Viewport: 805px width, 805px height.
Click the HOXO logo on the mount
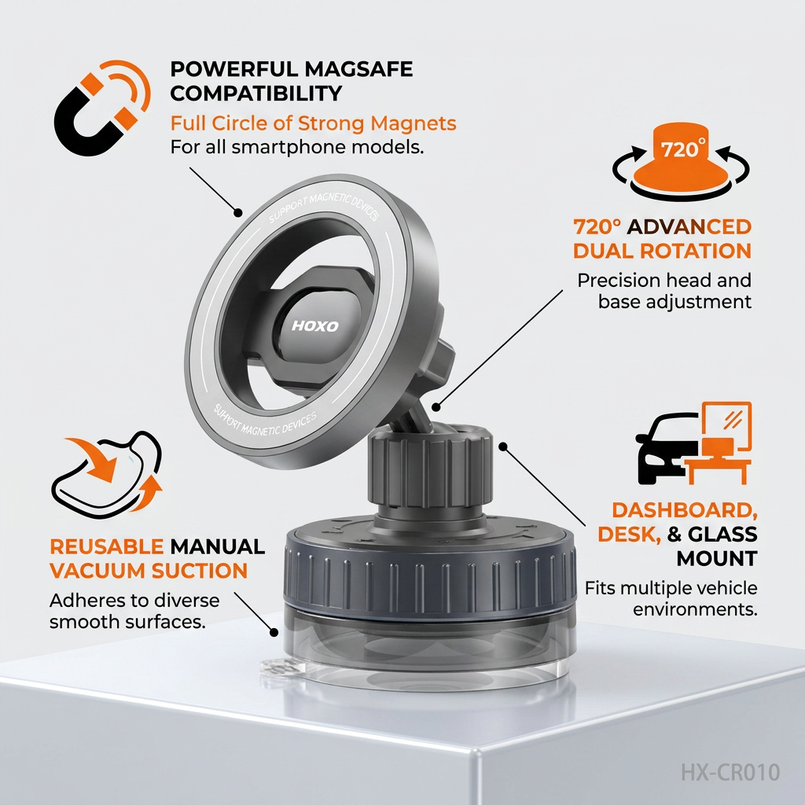[314, 326]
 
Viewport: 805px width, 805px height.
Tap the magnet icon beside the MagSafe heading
[102, 108]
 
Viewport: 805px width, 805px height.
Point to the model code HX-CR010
[730, 772]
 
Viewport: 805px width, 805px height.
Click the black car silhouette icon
[667, 447]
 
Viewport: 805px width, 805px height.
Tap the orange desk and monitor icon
[719, 443]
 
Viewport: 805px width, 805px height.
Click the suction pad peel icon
[107, 475]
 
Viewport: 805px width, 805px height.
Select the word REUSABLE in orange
[107, 547]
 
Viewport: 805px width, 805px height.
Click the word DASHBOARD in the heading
[685, 509]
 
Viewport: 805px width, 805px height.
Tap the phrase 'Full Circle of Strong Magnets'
[313, 123]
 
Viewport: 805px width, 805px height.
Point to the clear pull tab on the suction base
[278, 669]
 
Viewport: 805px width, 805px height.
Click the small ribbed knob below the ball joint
[430, 467]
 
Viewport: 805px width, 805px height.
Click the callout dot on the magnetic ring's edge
[237, 212]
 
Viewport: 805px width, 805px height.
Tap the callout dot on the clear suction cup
[274, 633]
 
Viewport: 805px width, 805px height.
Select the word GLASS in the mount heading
[722, 535]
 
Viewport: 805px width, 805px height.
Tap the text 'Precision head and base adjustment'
[664, 291]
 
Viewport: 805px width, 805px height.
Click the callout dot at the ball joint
[436, 407]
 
